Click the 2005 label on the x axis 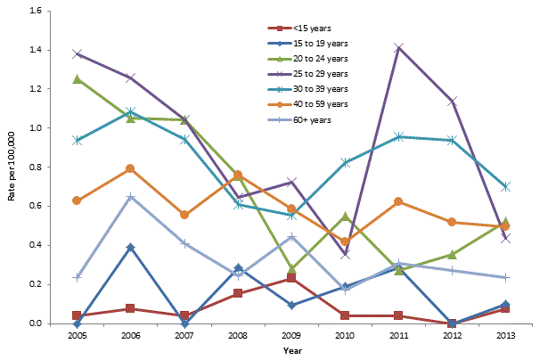(78, 336)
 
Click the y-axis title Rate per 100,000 (12, 168)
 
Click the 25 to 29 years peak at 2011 (399, 47)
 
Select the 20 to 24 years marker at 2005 (77, 79)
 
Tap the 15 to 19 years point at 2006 (130, 247)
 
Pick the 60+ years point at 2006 (130, 197)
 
